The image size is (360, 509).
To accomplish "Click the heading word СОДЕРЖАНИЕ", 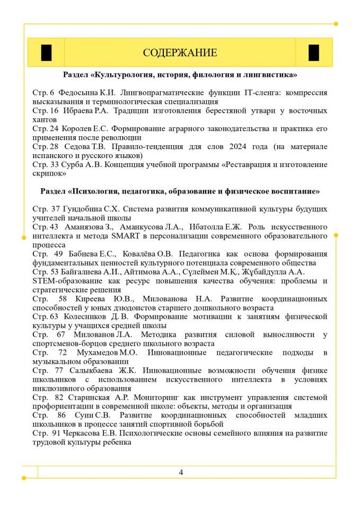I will click(180, 53).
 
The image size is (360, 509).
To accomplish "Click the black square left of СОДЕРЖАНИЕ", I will click(46, 53).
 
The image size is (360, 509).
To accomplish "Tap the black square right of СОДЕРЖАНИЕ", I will click(314, 53).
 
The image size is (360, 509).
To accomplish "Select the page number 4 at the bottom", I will click(181, 472).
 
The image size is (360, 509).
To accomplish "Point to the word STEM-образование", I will click(65, 281).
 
